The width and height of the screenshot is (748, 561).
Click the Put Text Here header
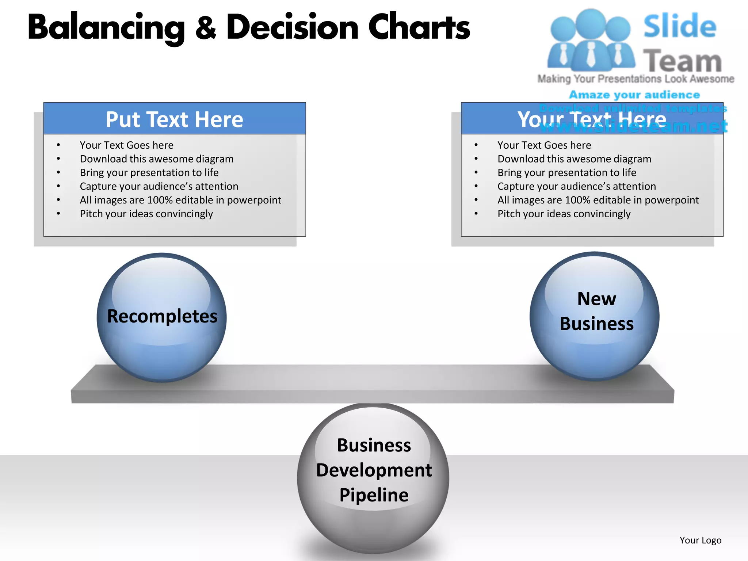(175, 119)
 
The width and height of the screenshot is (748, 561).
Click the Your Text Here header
(592, 119)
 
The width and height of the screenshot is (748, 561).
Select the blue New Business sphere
(595, 316)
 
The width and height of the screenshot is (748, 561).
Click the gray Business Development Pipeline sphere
(373, 478)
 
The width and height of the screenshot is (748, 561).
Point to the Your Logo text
(700, 540)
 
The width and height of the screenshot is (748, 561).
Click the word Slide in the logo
(680, 26)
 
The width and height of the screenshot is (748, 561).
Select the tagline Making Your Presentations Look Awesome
(636, 79)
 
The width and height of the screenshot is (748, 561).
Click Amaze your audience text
(634, 95)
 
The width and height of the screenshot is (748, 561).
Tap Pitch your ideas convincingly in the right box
(564, 214)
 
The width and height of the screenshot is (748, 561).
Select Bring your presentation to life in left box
(149, 173)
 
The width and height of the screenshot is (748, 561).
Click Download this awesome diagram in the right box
(574, 159)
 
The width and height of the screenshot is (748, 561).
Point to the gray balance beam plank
(373, 383)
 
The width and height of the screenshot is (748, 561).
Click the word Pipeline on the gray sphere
(374, 495)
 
